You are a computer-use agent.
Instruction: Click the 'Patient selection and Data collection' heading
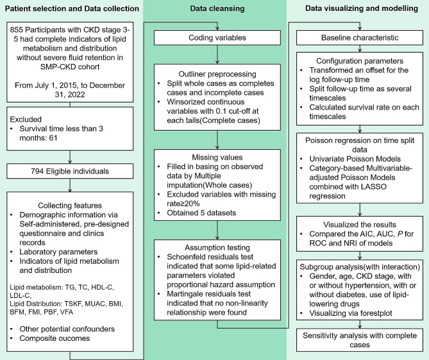(72, 9)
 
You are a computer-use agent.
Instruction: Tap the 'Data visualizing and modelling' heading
(357, 9)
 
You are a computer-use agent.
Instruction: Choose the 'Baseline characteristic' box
(357, 39)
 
